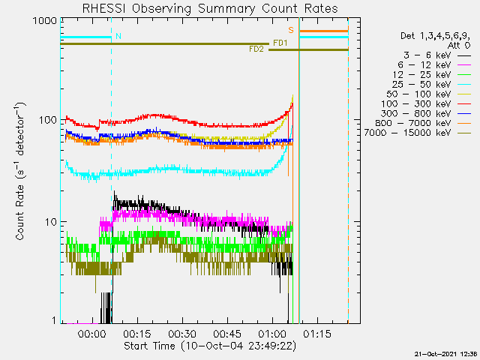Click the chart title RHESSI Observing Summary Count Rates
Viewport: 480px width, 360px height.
click(210, 8)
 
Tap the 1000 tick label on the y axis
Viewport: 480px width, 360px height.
click(45, 21)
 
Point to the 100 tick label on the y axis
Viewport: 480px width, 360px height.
click(48, 120)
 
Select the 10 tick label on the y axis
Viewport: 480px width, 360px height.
click(51, 222)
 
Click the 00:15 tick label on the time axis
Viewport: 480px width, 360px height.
click(136, 334)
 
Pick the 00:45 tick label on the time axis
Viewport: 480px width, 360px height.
click(227, 334)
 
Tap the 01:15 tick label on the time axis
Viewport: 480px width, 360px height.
click(317, 334)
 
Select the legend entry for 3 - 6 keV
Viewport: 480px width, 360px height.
click(437, 55)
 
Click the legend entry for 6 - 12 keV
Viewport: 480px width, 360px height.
click(434, 65)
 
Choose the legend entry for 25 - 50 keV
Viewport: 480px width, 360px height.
click(431, 85)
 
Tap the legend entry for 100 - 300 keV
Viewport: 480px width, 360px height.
click(426, 104)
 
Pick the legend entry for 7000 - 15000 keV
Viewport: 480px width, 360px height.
click(417, 133)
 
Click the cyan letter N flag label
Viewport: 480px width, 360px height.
click(118, 36)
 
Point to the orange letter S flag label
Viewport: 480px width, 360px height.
click(291, 30)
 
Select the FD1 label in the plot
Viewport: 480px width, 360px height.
click(280, 43)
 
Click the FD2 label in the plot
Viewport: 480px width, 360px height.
click(256, 49)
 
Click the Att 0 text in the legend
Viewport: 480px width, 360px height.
click(459, 46)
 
